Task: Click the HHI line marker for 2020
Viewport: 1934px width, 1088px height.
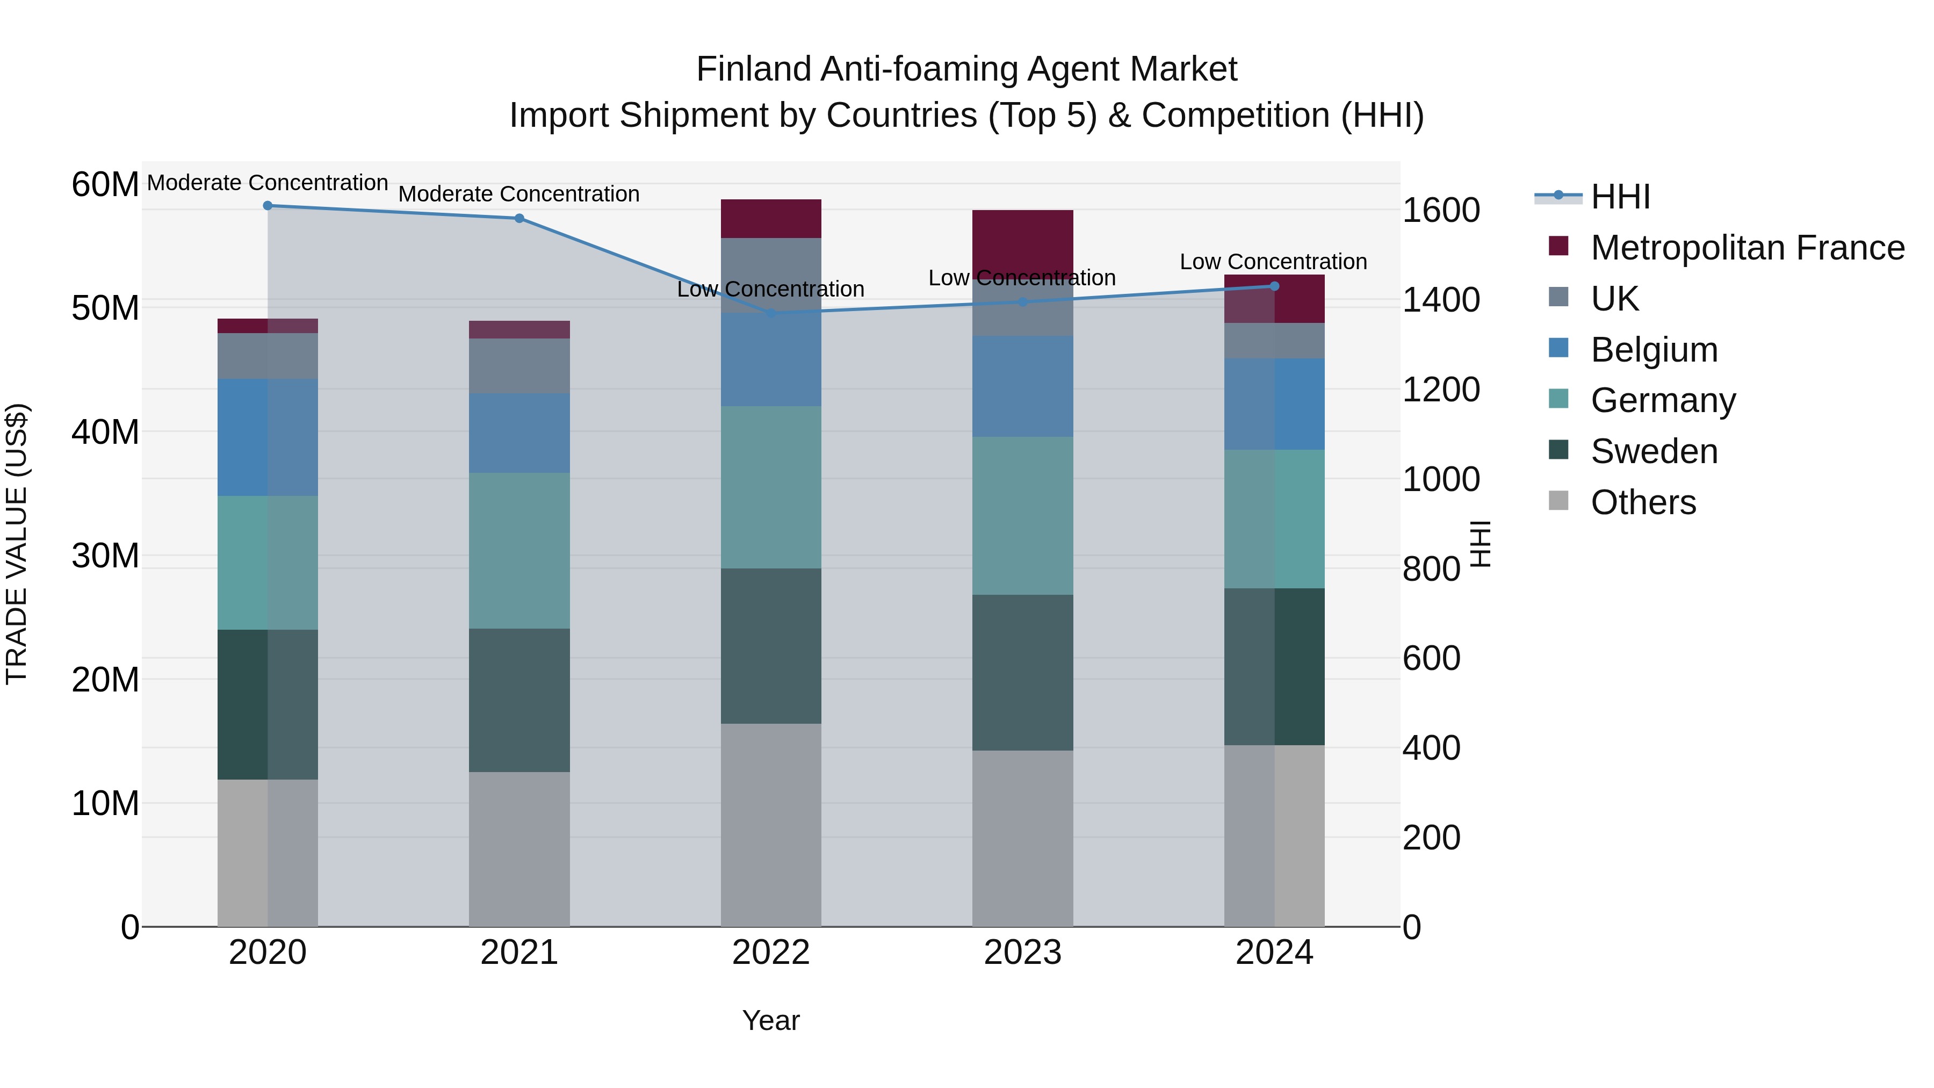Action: [268, 206]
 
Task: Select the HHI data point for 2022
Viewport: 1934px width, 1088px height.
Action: [771, 312]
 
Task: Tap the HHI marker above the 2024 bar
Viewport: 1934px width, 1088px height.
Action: [1274, 286]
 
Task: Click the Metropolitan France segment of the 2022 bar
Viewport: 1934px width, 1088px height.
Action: [771, 219]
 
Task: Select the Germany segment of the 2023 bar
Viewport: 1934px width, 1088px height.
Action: [1022, 516]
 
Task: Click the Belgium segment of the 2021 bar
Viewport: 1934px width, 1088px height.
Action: [519, 433]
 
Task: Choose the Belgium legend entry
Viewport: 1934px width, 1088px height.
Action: [1654, 350]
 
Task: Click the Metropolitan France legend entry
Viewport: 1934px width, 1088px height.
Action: [1747, 248]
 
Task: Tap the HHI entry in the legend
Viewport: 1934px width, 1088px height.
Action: [1620, 197]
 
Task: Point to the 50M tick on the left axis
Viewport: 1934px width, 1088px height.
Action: [105, 308]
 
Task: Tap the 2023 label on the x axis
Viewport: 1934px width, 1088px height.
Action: [1022, 953]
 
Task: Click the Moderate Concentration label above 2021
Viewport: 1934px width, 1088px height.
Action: [519, 194]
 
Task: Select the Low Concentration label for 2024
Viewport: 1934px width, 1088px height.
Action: [1273, 262]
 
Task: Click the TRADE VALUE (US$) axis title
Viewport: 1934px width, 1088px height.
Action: [17, 544]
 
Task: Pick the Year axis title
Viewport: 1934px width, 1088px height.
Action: [771, 1020]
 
